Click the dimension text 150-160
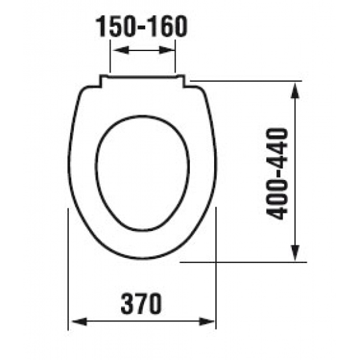pyautogui.click(x=142, y=27)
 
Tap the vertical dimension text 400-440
pyautogui.click(x=279, y=173)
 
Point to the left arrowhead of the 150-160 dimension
pyautogui.click(x=114, y=50)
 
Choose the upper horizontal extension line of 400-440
pyautogui.click(x=249, y=81)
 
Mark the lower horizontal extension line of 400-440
pyautogui.click(x=242, y=262)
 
